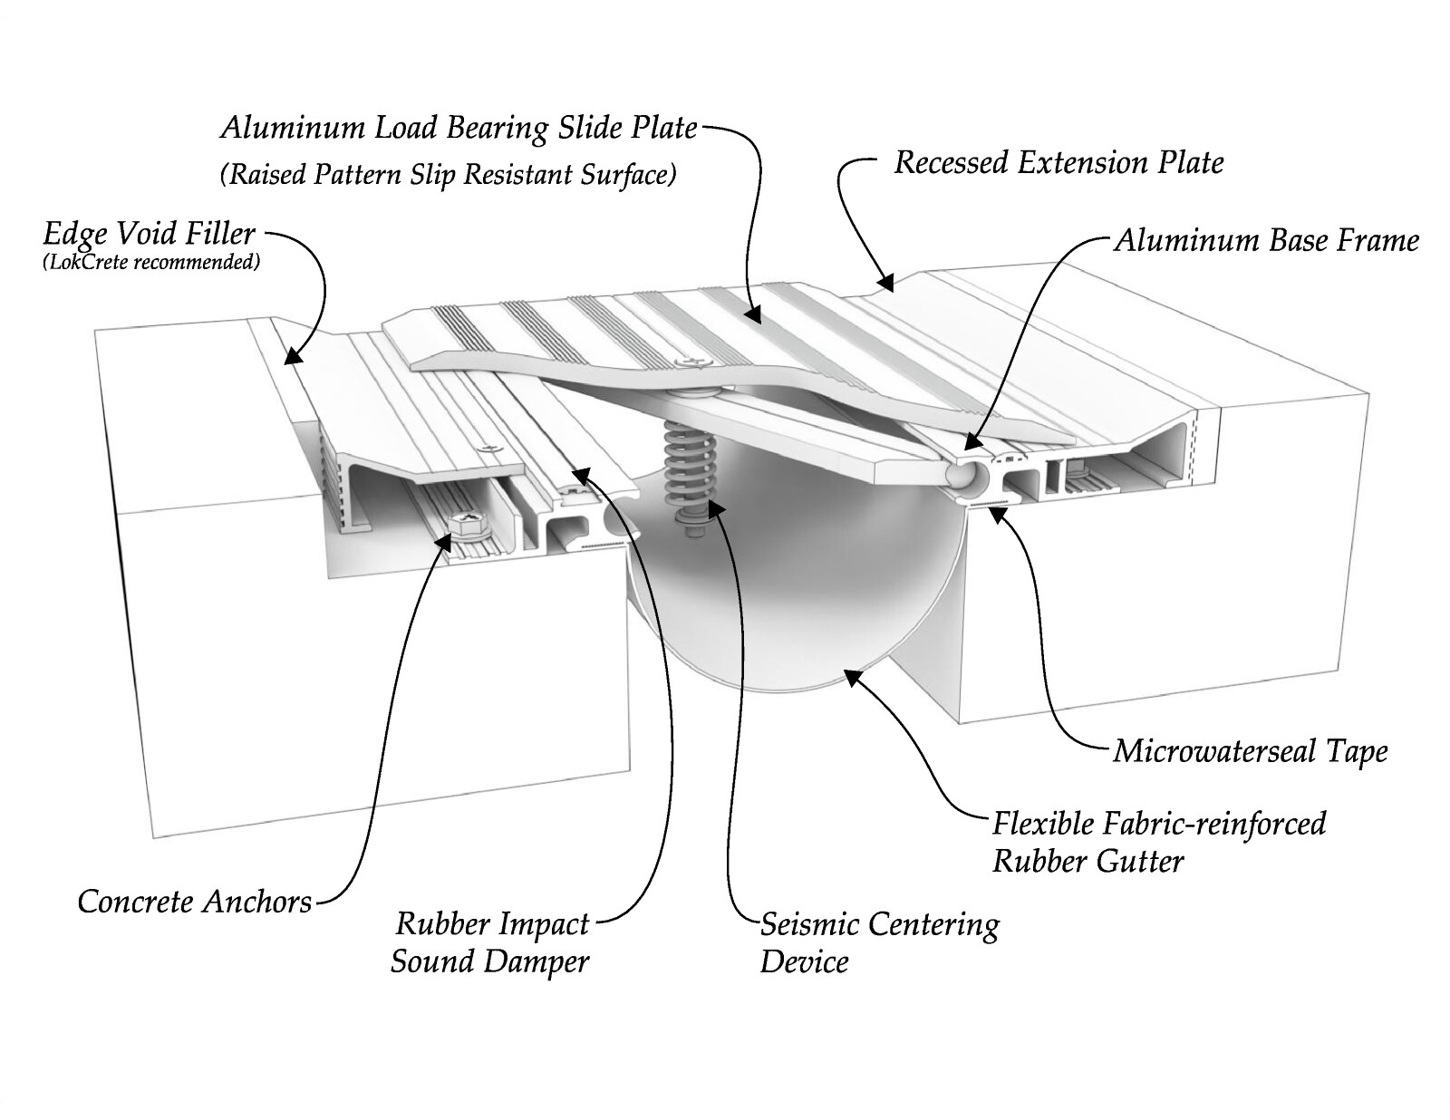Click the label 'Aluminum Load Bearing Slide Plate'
459,129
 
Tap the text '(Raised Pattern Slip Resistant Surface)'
448,175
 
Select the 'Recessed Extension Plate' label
1058,163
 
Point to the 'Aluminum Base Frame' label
1267,241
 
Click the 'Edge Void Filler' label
149,235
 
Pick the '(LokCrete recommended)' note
150,262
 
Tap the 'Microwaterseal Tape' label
1251,752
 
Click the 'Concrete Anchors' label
195,902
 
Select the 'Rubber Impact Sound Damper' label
490,942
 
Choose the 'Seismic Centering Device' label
879,943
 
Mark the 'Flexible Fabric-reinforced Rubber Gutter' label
1159,843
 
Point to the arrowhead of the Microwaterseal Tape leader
995,515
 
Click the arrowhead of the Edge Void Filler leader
294,356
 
